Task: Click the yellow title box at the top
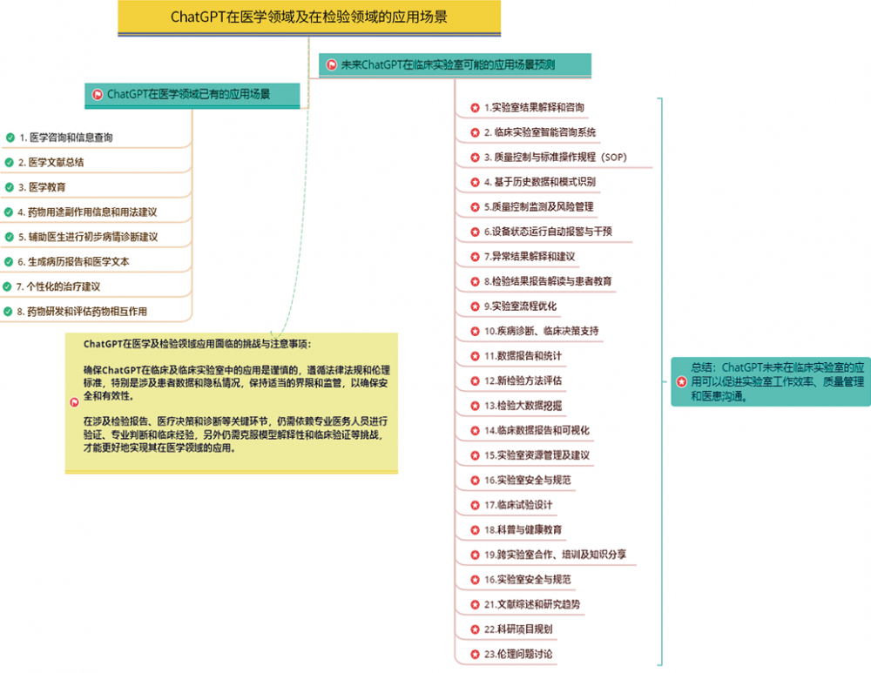point(309,17)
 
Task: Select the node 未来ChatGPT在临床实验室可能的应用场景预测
point(455,65)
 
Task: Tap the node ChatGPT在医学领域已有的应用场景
point(192,94)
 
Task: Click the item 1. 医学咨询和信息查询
point(66,138)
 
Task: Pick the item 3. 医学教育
point(42,187)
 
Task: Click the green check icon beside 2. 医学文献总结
point(10,162)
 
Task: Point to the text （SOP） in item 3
point(613,157)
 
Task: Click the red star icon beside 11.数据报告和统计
point(475,356)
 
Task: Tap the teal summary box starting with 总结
point(771,381)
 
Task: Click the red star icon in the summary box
point(682,382)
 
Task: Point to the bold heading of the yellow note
point(197,344)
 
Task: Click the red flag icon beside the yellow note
point(74,402)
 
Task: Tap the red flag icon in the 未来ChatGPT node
point(332,65)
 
